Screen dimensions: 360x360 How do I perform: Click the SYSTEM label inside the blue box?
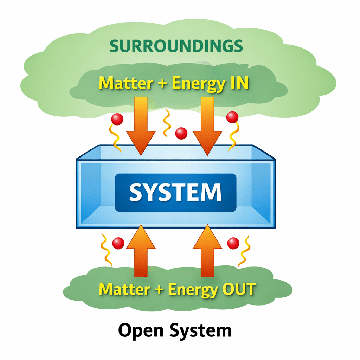pos(175,192)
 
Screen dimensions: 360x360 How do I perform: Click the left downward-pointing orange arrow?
pos(141,127)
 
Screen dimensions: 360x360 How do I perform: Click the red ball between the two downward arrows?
pos(181,133)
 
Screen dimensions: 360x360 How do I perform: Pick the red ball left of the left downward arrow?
pos(117,120)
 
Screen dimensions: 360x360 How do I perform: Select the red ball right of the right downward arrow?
pos(232,117)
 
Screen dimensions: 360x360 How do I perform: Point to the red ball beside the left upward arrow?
pos(118,243)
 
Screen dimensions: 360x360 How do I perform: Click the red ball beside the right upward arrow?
pos(233,243)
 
